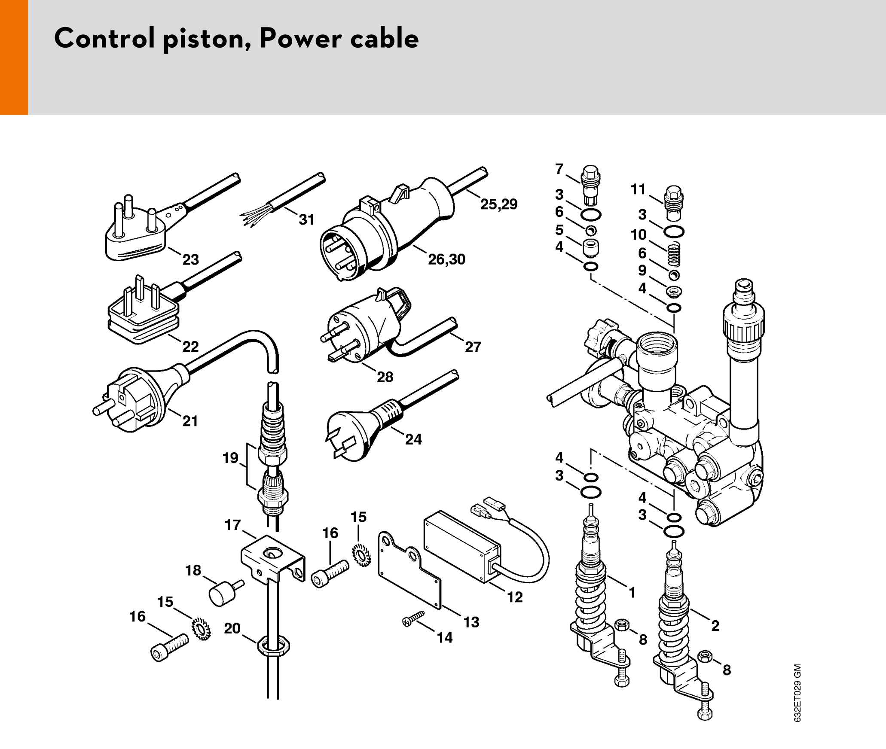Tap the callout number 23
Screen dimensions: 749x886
[191, 259]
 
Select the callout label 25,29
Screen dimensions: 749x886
[499, 204]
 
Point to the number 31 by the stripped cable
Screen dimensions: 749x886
[307, 219]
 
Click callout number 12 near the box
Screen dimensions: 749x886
[515, 597]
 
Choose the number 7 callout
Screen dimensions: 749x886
[559, 169]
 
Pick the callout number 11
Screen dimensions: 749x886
[638, 189]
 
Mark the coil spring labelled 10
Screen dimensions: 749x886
[675, 254]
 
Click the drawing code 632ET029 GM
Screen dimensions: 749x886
[797, 693]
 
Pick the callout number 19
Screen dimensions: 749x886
[230, 458]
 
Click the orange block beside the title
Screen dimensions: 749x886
[14, 57]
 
